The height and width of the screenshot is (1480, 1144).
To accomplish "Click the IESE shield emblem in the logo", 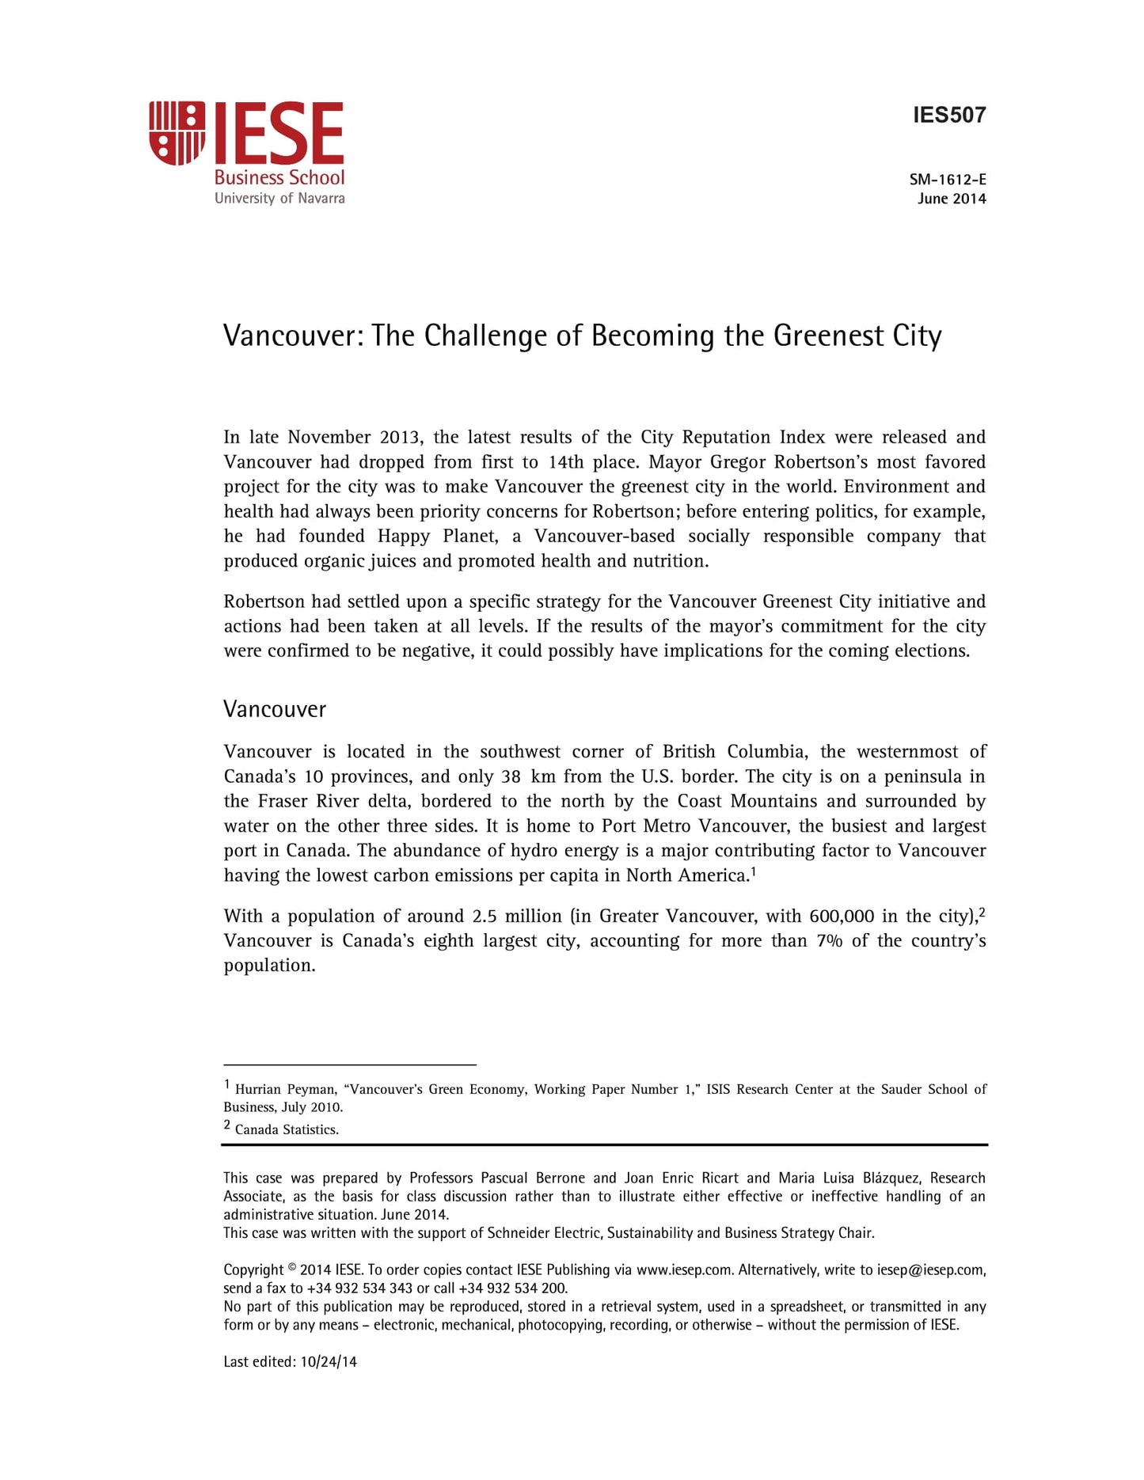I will click(177, 133).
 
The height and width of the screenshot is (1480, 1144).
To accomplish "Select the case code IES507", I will click(949, 116).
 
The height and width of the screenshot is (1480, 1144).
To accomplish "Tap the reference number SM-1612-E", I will click(948, 180).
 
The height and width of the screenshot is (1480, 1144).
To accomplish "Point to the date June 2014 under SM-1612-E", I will click(952, 199).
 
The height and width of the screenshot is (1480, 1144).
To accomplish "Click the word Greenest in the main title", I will click(828, 336).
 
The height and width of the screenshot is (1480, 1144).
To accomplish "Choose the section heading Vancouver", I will click(275, 709).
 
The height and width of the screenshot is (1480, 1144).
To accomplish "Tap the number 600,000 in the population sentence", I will click(842, 916).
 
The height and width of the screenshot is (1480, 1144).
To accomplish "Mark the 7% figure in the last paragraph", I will click(829, 941).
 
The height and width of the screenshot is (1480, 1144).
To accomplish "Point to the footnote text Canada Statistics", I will click(287, 1130).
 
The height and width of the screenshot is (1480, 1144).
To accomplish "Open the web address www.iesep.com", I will click(684, 1270).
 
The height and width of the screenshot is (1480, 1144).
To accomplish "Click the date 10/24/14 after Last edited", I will click(329, 1362).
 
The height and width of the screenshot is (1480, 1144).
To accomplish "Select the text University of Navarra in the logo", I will click(279, 199).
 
